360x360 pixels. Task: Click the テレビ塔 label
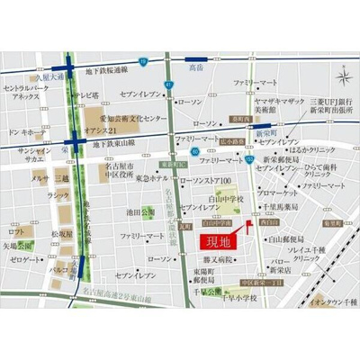click(86, 94)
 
